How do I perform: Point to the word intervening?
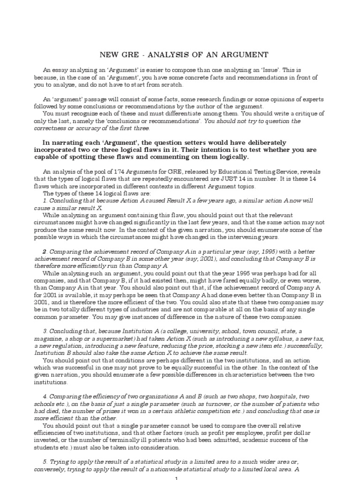click(247, 237)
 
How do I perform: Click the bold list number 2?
click(45, 252)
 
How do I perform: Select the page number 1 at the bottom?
click(176, 478)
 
